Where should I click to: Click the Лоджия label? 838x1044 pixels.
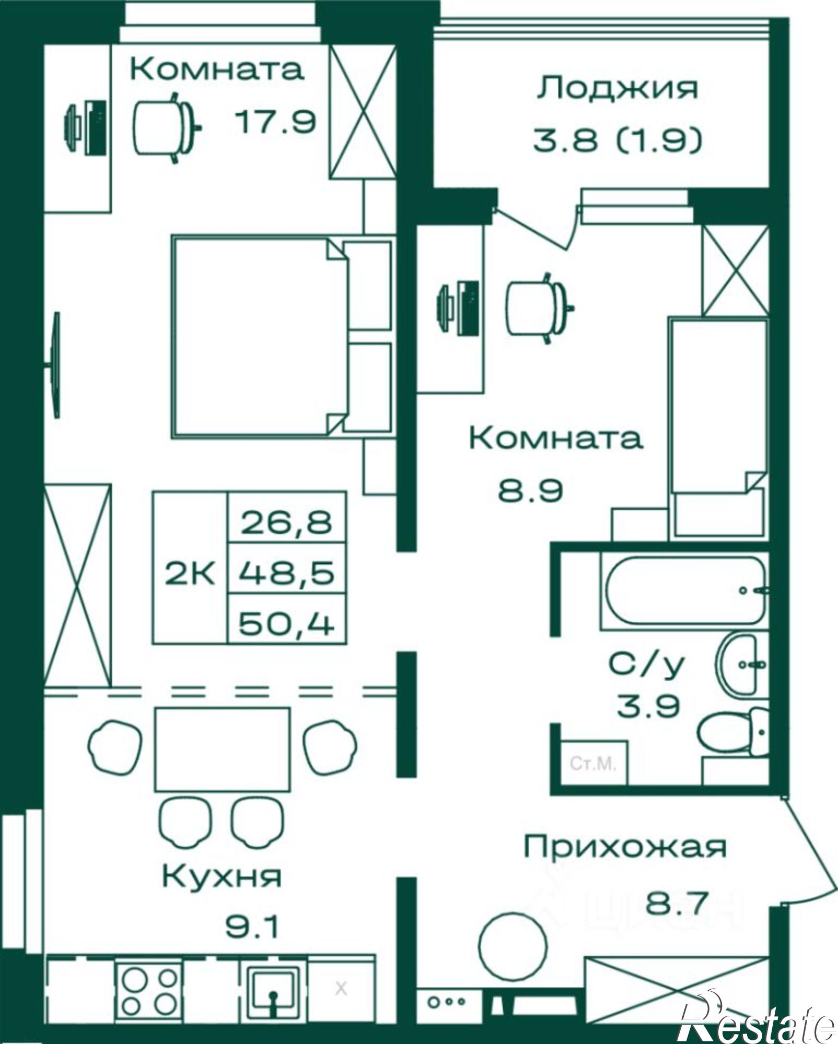click(617, 89)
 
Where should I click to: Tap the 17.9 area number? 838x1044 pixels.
click(275, 123)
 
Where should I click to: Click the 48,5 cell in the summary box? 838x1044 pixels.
click(287, 573)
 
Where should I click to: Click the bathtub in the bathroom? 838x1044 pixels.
click(684, 590)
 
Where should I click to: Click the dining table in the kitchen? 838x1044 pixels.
click(223, 749)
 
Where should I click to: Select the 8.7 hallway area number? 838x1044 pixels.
click(678, 903)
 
